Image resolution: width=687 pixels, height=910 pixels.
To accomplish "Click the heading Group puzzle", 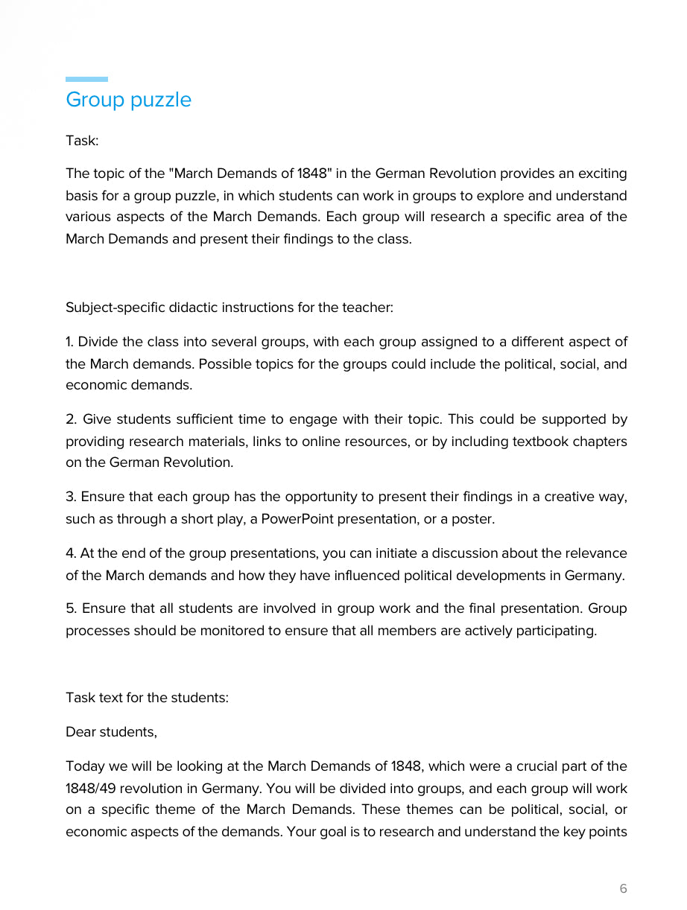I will (128, 100).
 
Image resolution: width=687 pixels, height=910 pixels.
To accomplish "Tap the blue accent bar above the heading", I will (86, 79).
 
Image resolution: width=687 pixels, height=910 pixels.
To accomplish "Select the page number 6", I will (623, 888).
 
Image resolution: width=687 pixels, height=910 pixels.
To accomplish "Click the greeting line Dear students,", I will (111, 732).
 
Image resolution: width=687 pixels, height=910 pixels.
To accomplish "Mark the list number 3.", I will (70, 497).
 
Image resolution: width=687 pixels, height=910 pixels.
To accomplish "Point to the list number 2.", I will (70, 419).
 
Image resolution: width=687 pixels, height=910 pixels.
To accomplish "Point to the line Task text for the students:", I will (147, 698).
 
